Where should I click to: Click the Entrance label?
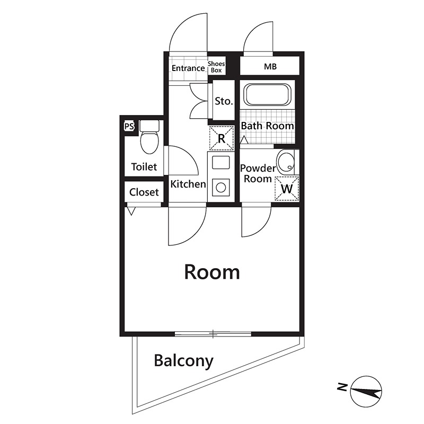188,68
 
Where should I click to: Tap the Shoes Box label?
216,67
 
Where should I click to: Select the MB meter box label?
270,67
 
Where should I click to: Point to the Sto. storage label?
224,101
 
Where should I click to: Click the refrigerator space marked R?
221,138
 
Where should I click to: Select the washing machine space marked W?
287,189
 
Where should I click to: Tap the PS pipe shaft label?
129,126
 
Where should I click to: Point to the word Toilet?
144,166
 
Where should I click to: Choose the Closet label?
144,192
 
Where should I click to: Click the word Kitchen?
188,184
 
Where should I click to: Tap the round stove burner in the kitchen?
220,188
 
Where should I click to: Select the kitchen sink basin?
220,163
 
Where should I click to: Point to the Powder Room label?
258,173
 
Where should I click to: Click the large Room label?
212,272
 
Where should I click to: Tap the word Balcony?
183,361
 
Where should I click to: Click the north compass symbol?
366,391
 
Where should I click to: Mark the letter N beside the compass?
342,387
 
